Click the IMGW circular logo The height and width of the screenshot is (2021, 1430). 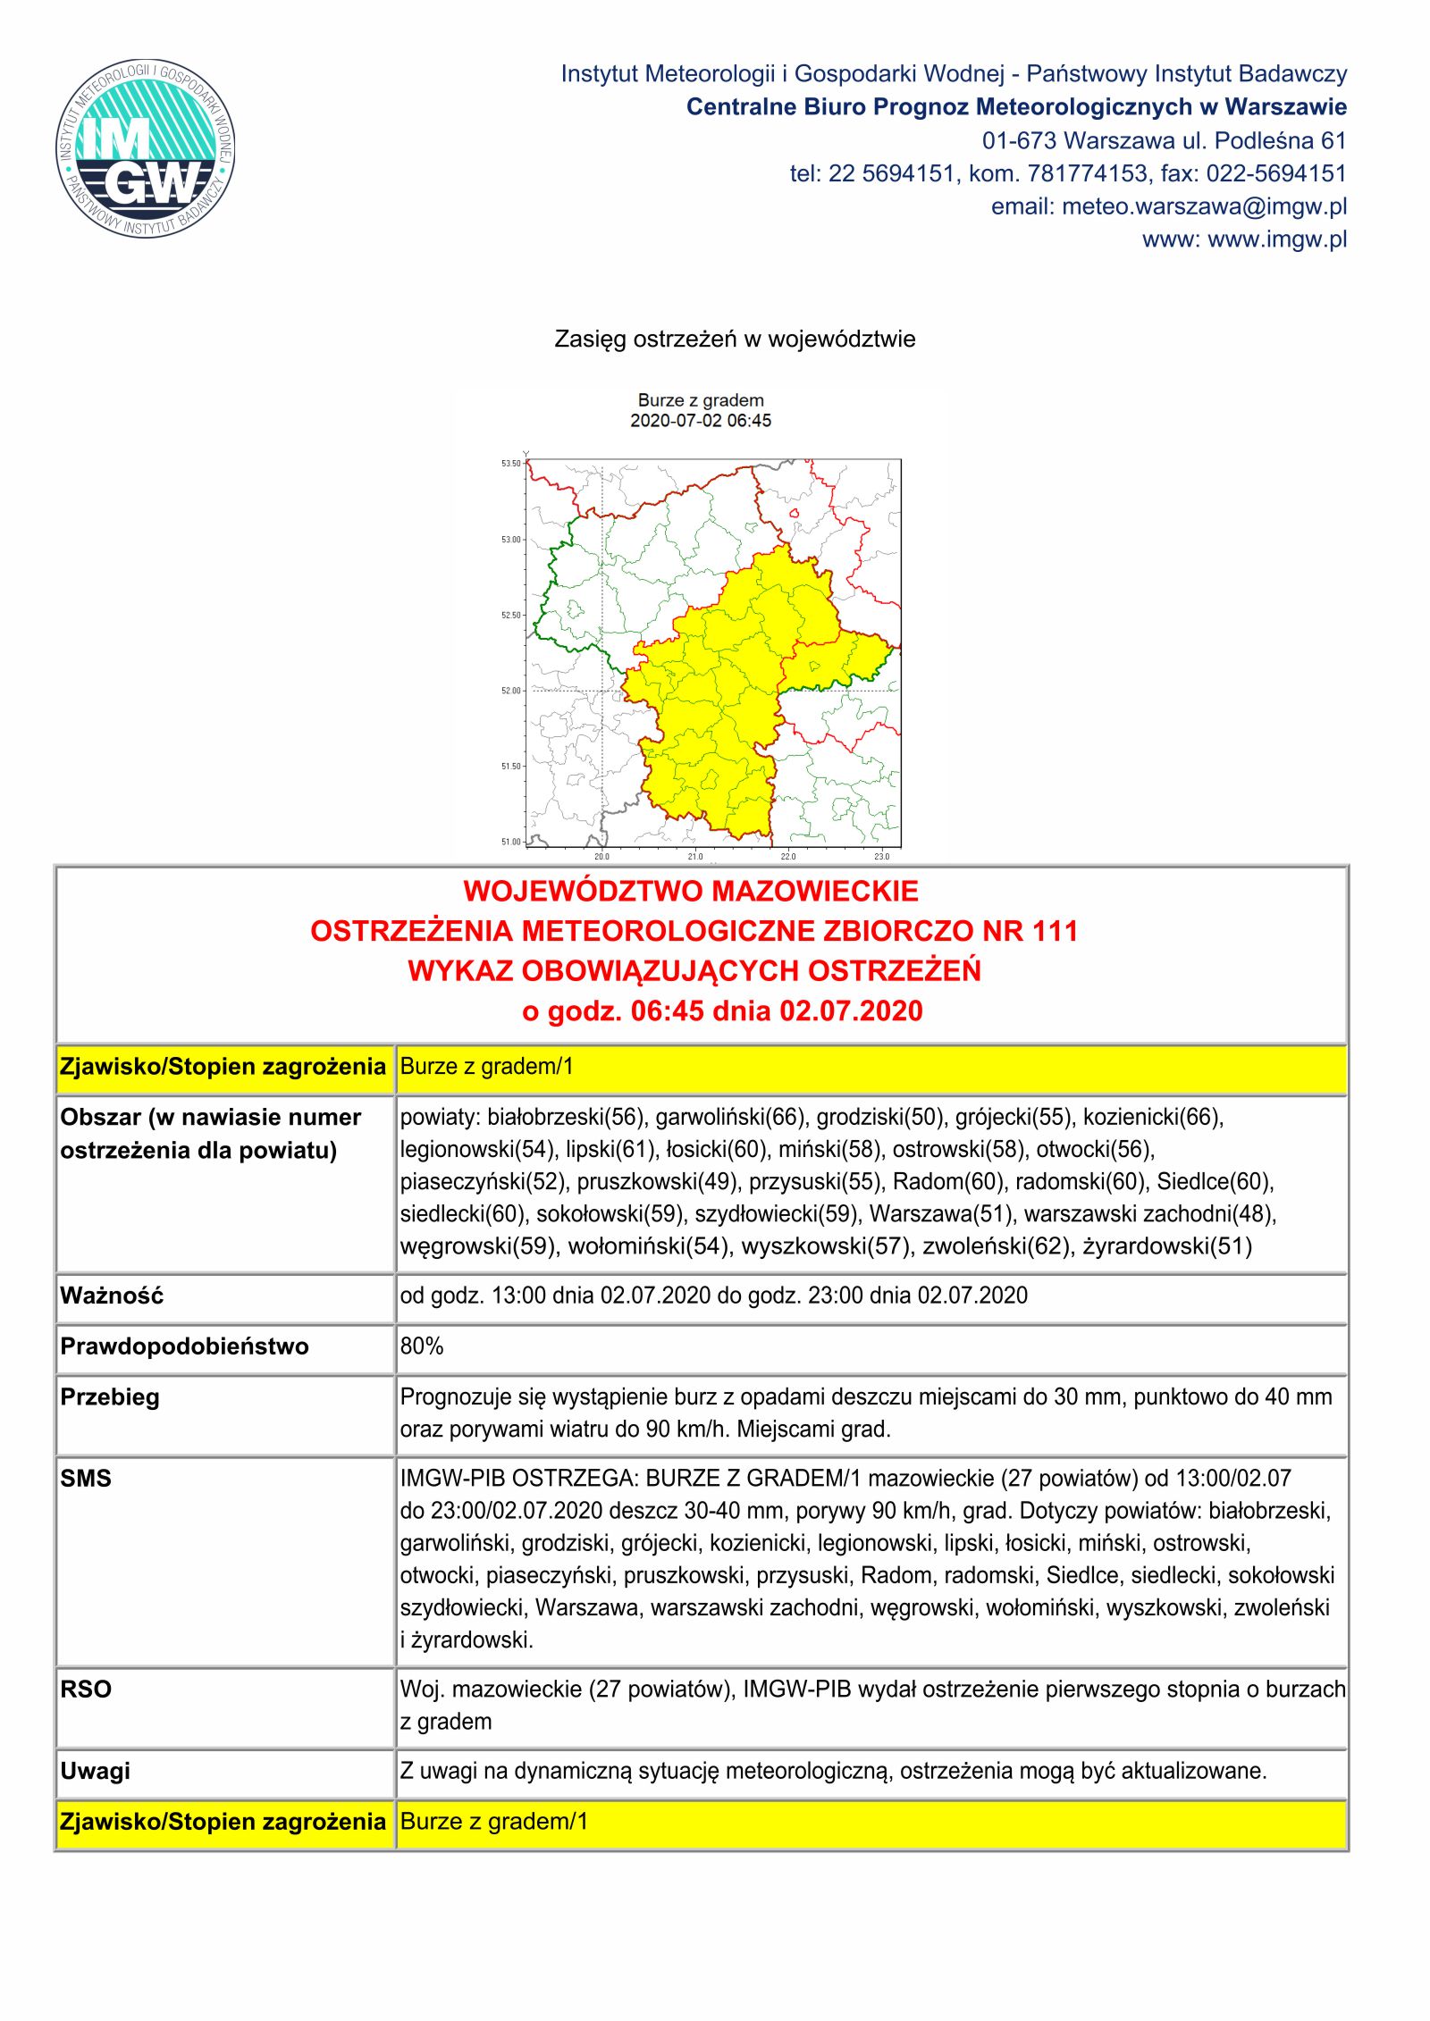tap(146, 148)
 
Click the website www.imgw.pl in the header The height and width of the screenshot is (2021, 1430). tap(1277, 239)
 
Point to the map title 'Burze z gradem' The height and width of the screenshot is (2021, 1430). tap(701, 400)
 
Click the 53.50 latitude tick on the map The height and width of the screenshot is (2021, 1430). tap(510, 464)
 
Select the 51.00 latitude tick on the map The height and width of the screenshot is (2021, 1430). tap(510, 842)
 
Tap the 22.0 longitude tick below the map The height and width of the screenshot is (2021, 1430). tap(788, 857)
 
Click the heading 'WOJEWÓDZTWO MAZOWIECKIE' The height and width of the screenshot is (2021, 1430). tap(691, 891)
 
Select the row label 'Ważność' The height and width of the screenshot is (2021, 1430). tap(112, 1296)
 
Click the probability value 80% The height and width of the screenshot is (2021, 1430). tap(422, 1346)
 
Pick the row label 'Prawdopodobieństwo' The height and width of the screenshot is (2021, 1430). tap(184, 1346)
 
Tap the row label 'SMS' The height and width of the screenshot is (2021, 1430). tap(86, 1478)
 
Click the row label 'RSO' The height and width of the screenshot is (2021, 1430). tap(86, 1689)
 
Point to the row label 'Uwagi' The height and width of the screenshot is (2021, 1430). tap(95, 1771)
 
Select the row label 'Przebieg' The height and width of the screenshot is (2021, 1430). tap(110, 1397)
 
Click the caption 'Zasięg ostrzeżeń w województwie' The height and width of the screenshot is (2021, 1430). tap(735, 340)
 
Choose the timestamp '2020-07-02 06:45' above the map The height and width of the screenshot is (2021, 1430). tap(701, 421)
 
